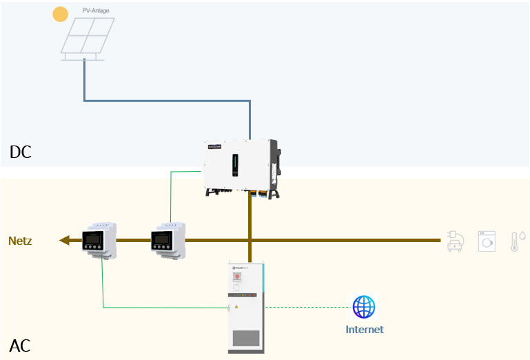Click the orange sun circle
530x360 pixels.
61,14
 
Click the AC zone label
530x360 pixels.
20,346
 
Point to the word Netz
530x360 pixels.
20,241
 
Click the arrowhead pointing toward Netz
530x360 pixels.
65,241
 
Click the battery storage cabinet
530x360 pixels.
246,308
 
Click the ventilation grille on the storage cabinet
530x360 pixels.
246,338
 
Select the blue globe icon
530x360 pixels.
364,306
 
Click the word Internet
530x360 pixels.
365,330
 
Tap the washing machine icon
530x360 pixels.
487,241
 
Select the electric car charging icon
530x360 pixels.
456,241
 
